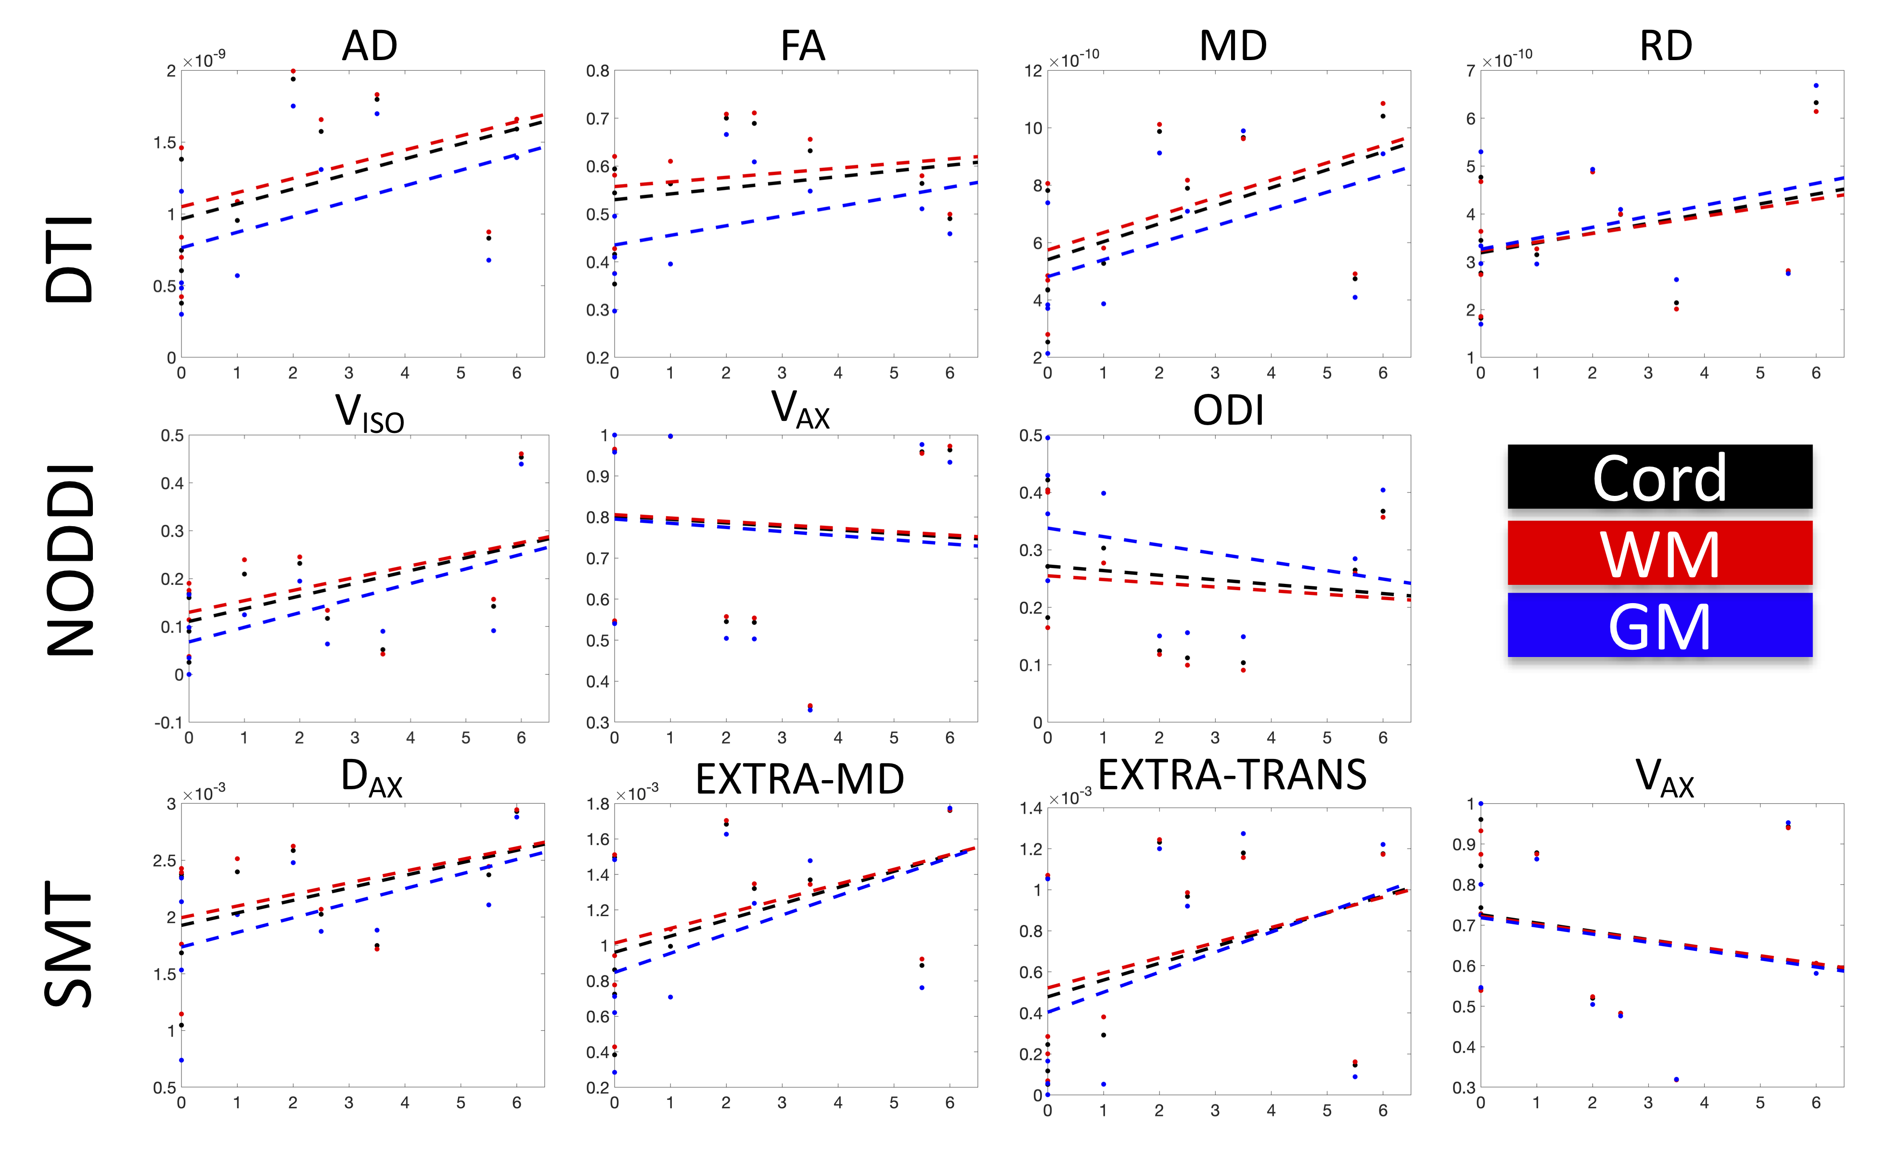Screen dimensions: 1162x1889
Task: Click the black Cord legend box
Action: (1659, 477)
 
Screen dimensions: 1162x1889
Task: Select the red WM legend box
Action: (1659, 553)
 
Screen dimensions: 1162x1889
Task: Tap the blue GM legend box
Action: (1659, 625)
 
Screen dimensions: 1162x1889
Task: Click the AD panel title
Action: (370, 46)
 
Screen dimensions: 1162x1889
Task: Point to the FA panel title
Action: (803, 46)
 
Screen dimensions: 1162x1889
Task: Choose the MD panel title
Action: (1233, 46)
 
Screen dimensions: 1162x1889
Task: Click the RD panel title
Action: (1666, 46)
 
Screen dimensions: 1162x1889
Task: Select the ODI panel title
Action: (1228, 410)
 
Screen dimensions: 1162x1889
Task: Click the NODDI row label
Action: (69, 560)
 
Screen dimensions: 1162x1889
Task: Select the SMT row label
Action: (69, 945)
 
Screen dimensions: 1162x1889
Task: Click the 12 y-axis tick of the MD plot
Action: (1032, 71)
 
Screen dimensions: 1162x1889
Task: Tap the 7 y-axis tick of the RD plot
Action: (1470, 71)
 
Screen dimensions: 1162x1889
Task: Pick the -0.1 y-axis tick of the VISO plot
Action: (169, 722)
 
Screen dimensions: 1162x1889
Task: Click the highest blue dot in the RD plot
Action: (1816, 85)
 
